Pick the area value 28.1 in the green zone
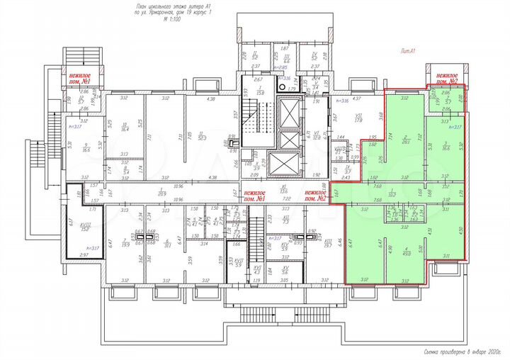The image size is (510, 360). (406, 141)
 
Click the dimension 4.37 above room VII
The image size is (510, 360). (357, 99)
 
